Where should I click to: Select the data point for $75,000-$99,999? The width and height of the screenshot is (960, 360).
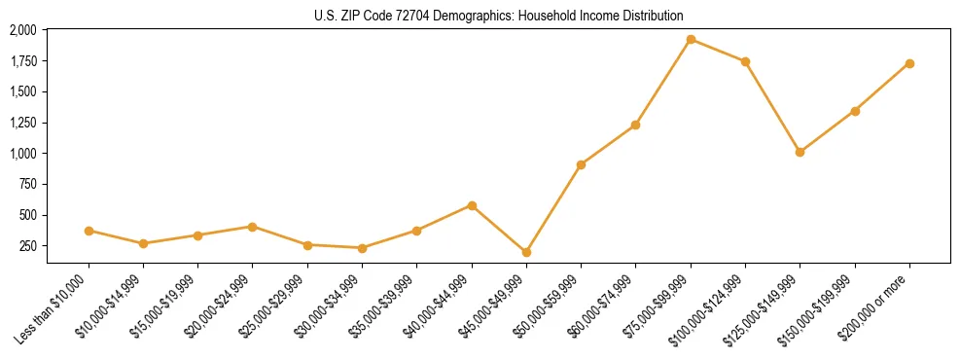pos(691,40)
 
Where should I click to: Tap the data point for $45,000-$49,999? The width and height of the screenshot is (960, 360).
pos(526,252)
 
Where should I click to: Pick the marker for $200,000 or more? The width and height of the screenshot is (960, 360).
pos(909,63)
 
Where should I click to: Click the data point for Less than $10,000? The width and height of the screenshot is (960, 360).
pos(89,231)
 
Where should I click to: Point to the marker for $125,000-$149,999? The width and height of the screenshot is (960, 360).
pos(800,152)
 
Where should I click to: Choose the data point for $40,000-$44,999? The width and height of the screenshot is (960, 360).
pos(472,205)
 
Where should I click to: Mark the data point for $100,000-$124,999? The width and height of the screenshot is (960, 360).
pos(745,61)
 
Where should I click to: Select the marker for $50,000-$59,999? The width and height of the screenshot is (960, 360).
pos(581,164)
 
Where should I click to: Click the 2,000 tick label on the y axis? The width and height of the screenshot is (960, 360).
pos(22,30)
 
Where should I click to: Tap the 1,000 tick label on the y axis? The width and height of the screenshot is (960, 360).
pos(22,154)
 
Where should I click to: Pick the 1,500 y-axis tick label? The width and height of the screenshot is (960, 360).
pos(22,91)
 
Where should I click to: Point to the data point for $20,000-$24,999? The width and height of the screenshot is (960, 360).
pos(253,227)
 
